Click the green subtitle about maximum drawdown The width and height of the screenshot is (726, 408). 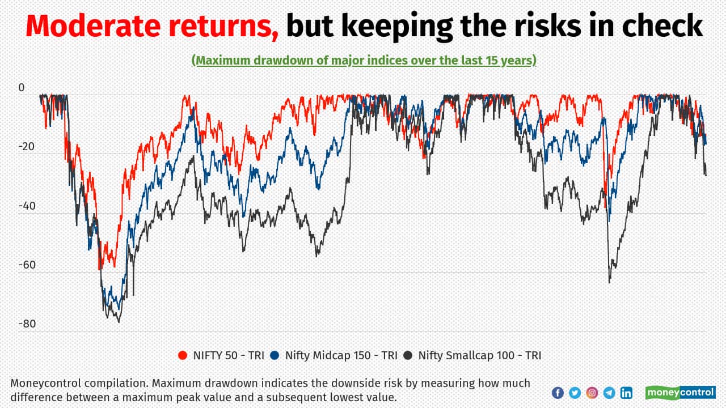click(364, 60)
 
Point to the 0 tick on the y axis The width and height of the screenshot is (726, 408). click(22, 88)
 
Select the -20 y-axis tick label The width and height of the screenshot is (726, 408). click(27, 147)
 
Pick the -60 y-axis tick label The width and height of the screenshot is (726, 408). click(27, 265)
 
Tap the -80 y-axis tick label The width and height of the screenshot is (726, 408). click(27, 324)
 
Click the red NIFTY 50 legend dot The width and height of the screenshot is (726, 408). click(182, 355)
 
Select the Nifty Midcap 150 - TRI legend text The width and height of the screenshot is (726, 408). click(341, 355)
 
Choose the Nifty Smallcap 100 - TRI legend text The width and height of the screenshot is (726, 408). click(479, 355)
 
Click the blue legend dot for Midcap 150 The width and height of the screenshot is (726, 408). click(275, 355)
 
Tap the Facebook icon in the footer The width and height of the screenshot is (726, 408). click(558, 392)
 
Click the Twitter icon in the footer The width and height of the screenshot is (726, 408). click(575, 392)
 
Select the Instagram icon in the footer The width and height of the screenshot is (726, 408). click(592, 392)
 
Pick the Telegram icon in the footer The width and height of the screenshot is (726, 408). click(609, 392)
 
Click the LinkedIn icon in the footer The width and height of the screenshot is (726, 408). click(626, 392)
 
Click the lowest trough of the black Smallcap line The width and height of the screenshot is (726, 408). click(119, 322)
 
